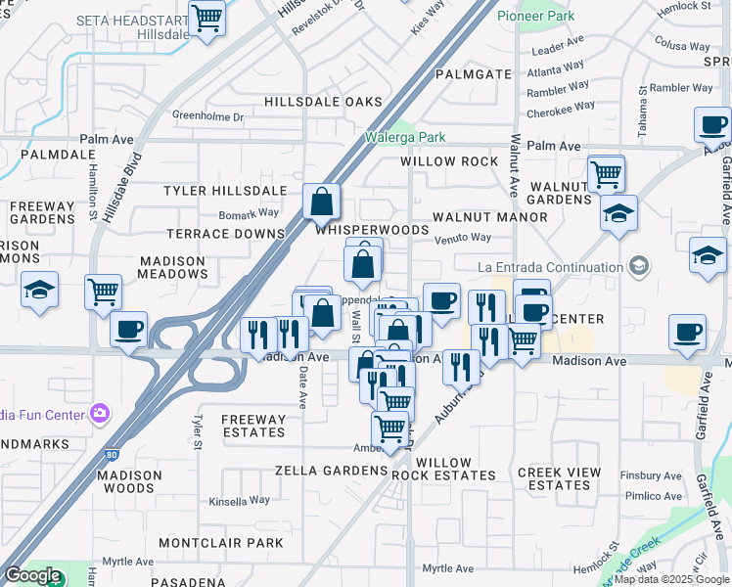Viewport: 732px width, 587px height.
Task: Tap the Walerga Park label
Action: [405, 138]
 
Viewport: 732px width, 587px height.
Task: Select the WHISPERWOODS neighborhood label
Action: [372, 230]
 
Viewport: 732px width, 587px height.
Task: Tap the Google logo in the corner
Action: [31, 575]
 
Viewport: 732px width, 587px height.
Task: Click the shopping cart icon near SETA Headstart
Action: [206, 18]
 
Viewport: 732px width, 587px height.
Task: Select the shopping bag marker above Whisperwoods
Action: [321, 203]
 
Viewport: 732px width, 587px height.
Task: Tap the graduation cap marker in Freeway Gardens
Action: [39, 290]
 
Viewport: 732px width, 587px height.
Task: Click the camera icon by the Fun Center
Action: [99, 413]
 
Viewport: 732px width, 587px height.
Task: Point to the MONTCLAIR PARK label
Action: [220, 543]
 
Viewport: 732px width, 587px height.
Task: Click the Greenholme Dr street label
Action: [207, 116]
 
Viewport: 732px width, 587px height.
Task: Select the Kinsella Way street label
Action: [239, 500]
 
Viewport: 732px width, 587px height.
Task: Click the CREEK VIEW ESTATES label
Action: [554, 478]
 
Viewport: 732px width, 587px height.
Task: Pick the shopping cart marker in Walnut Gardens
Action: [607, 174]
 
